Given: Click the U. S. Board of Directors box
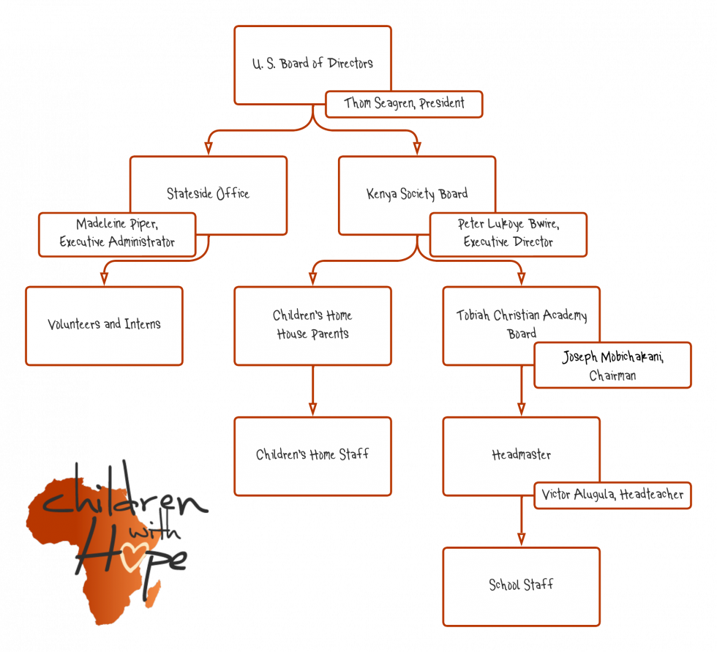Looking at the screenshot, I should point(312,64).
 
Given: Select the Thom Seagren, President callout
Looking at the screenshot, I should point(404,104).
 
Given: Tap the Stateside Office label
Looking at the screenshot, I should point(208,194).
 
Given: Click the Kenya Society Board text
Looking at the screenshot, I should point(417,194).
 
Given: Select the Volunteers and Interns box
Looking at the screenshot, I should point(104,325).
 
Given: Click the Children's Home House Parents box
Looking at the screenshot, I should point(312,325).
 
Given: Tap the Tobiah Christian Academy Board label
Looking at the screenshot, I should point(521,324).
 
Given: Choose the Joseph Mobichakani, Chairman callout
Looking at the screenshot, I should point(612,365).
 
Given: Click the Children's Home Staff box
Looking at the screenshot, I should point(312,455).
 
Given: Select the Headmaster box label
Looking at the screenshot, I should point(521,455).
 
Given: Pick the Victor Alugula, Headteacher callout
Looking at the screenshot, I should point(612,495).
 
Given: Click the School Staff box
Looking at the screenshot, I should point(521,585).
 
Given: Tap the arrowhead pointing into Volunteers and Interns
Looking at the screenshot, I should point(104,278).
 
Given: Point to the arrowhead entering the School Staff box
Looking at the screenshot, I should point(521,539).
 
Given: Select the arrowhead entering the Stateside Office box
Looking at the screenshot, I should point(209,148).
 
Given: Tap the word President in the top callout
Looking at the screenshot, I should point(442,104).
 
